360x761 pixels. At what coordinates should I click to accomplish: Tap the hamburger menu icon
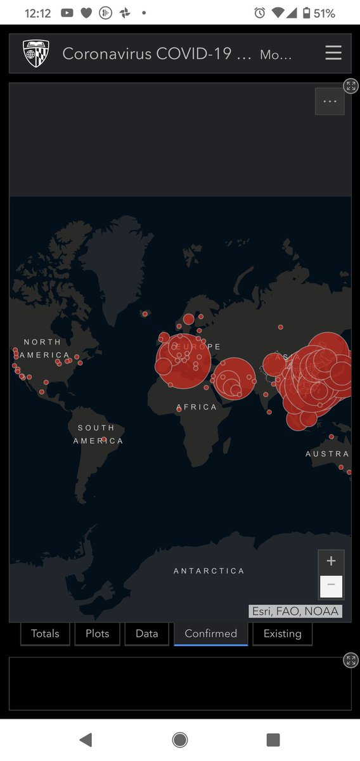point(333,53)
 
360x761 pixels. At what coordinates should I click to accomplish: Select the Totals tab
point(45,633)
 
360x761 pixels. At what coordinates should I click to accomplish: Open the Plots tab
point(97,633)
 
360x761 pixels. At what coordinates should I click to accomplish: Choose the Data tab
point(146,633)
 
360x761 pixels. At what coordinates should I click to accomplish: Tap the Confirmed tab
point(210,633)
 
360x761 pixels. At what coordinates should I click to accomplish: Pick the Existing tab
point(282,633)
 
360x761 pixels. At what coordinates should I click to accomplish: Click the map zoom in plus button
point(331,561)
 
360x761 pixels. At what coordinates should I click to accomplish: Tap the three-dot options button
point(330,101)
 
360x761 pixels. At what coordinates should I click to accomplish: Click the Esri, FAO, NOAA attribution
point(295,611)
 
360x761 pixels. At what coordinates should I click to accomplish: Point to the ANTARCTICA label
point(209,571)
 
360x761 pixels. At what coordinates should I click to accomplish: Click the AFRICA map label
point(196,407)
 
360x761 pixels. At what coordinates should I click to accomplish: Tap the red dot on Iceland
point(145,313)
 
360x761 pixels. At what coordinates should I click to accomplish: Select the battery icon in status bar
point(307,13)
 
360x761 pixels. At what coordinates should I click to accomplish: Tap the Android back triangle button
point(86,739)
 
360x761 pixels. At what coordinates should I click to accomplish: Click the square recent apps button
point(273,739)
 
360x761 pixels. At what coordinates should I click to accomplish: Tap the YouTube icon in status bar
point(67,13)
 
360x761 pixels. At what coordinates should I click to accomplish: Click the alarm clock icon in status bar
point(259,13)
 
